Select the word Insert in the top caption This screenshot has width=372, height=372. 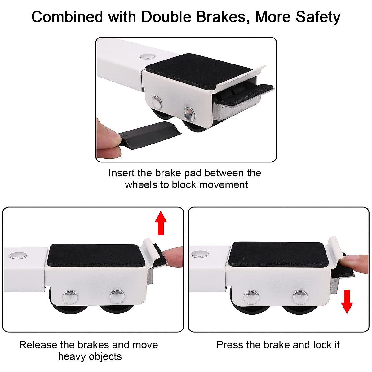tap(121, 173)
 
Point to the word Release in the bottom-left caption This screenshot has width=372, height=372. tap(38, 345)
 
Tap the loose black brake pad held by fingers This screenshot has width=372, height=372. tap(149, 134)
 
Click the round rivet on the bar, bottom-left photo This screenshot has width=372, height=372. tap(18, 255)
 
